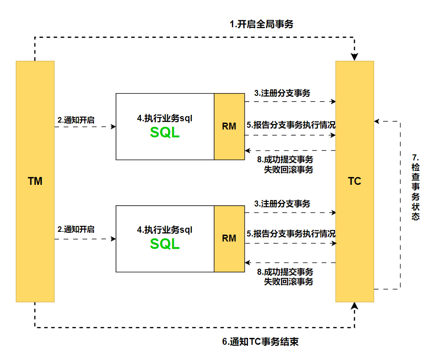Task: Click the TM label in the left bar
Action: point(35,181)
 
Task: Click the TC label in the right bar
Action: point(354,181)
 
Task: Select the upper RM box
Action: point(229,126)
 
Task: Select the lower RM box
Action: point(229,238)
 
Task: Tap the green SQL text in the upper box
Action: point(165,132)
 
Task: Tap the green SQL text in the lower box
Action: point(165,244)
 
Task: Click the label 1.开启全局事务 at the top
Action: point(261,25)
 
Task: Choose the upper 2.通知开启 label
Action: point(76,120)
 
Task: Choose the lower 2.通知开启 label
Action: point(76,229)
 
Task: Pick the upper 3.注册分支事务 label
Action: point(282,93)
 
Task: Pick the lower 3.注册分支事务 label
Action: point(282,203)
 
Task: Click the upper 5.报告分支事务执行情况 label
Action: point(291,124)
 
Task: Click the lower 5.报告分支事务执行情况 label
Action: point(291,234)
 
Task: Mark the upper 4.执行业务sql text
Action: point(165,118)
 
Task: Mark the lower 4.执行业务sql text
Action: point(165,230)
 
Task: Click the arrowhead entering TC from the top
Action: point(354,57)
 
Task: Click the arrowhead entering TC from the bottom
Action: point(354,307)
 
